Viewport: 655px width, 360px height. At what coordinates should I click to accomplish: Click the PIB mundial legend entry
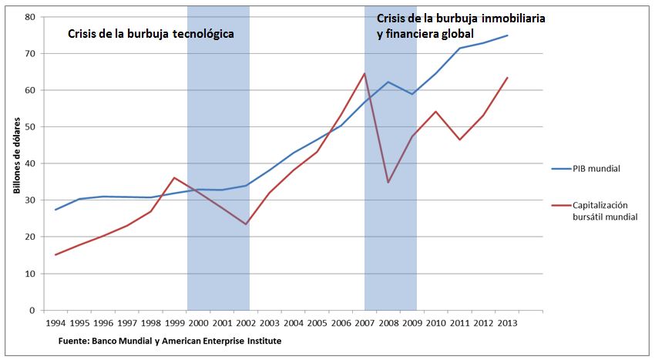point(596,167)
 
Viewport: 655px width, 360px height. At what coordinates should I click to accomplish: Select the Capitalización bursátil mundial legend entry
point(605,211)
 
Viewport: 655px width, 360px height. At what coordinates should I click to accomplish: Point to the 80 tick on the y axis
point(31,17)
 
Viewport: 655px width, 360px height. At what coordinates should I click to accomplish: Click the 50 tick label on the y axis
point(31,126)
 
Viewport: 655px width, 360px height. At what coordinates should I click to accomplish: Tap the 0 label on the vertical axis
point(33,311)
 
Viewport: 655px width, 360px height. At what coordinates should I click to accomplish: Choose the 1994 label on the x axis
point(56,325)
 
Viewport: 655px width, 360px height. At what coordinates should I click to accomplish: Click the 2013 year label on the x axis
point(507,325)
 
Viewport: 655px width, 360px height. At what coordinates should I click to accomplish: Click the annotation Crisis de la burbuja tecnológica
point(150,35)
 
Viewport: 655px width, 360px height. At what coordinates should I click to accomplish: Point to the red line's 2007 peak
point(364,73)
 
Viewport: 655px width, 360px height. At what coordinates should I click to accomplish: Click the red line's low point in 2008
point(388,183)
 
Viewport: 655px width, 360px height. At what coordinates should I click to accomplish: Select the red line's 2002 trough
point(246,224)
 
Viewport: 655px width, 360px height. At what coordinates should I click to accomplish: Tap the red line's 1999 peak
point(174,178)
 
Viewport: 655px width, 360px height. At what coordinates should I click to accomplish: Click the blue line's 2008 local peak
point(388,82)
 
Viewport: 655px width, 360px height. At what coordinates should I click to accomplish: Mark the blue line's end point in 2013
point(507,35)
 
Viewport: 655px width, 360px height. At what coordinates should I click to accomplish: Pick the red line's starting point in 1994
point(56,255)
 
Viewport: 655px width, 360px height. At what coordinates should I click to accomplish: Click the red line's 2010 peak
point(436,111)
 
